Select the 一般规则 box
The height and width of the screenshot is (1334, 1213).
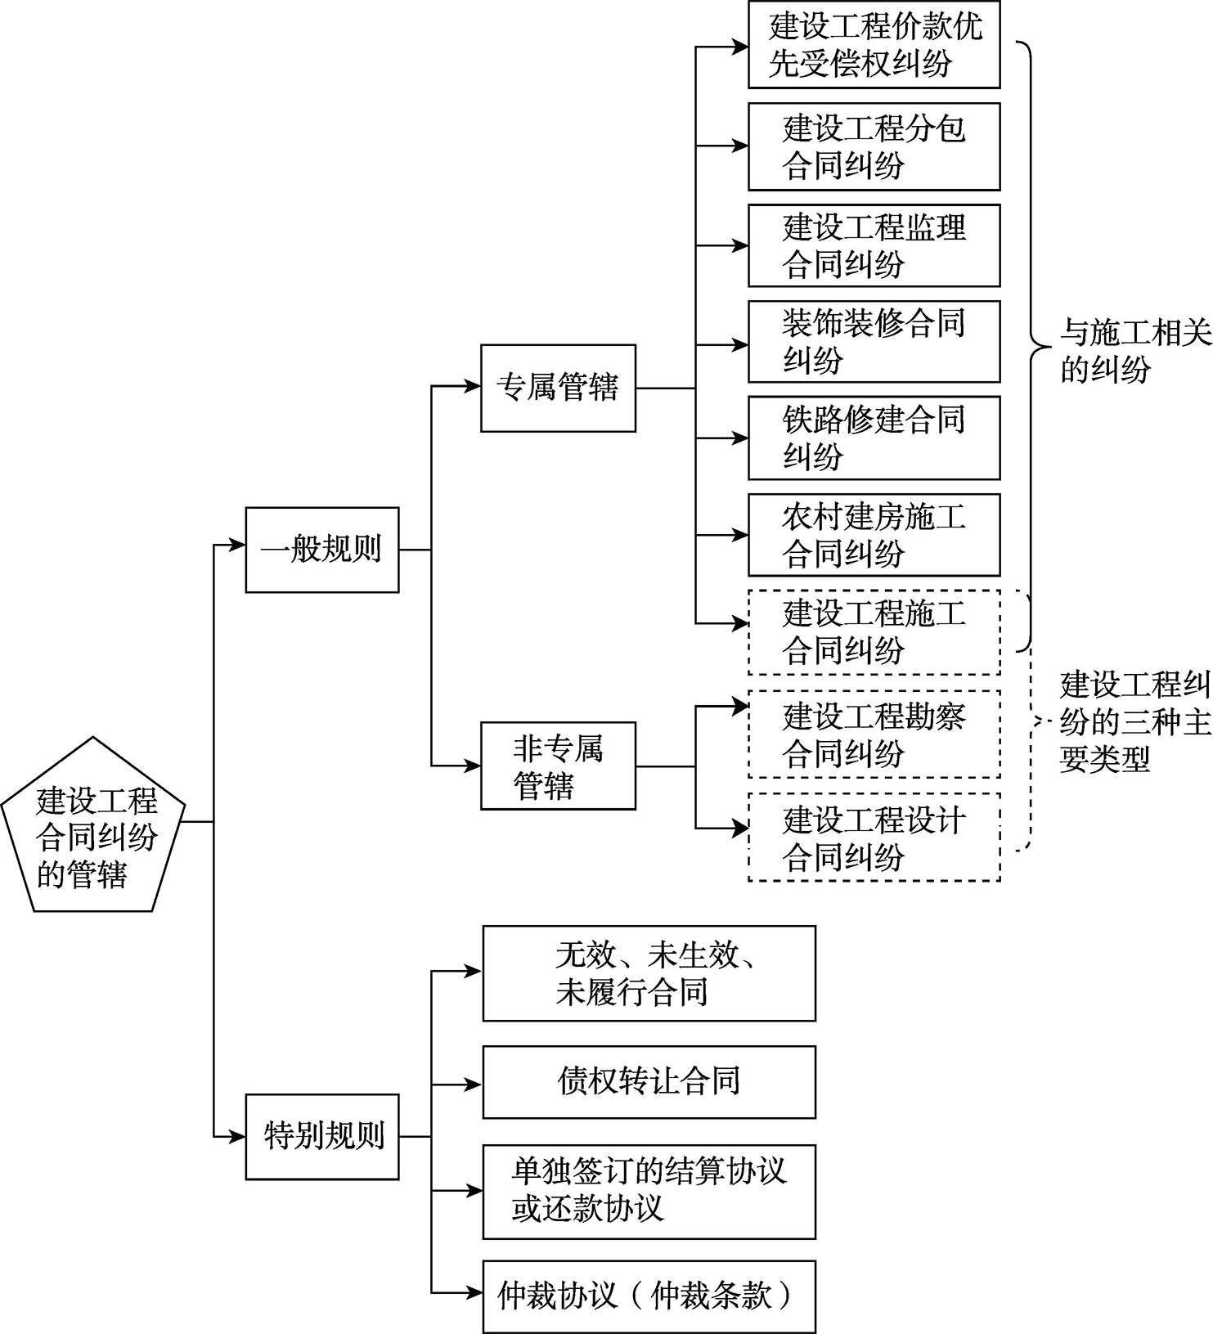coord(322,550)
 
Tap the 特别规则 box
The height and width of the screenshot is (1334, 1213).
coord(322,1137)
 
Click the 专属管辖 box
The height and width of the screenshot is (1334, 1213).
coord(558,388)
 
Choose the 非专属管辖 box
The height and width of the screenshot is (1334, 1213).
coord(558,766)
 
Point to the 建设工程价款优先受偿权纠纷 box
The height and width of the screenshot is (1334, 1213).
coord(874,45)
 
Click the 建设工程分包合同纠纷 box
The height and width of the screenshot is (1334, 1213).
coord(874,146)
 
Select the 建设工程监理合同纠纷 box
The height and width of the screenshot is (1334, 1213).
coord(874,245)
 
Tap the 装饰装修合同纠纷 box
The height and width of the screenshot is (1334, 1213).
coord(874,342)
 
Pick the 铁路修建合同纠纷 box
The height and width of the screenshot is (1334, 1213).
coord(874,438)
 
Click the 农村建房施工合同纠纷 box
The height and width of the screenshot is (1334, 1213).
coord(874,535)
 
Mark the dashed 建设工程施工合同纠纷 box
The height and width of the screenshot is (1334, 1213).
coord(874,631)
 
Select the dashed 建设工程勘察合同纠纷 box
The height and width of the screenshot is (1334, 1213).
coord(874,734)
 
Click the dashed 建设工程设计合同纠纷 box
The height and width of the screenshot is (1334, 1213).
coord(874,838)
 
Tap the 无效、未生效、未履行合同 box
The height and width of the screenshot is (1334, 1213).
coord(649,973)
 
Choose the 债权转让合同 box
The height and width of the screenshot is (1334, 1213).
coord(649,1081)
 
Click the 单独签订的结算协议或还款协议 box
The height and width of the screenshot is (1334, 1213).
coord(649,1192)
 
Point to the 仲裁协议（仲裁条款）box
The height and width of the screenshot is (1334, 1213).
coord(649,1296)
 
